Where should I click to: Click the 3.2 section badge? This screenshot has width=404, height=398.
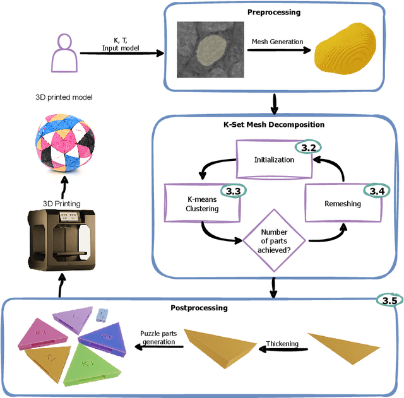pyautogui.click(x=309, y=147)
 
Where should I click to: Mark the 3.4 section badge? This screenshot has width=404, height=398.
pyautogui.click(x=377, y=189)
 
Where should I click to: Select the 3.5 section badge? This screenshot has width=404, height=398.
pyautogui.click(x=388, y=300)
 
